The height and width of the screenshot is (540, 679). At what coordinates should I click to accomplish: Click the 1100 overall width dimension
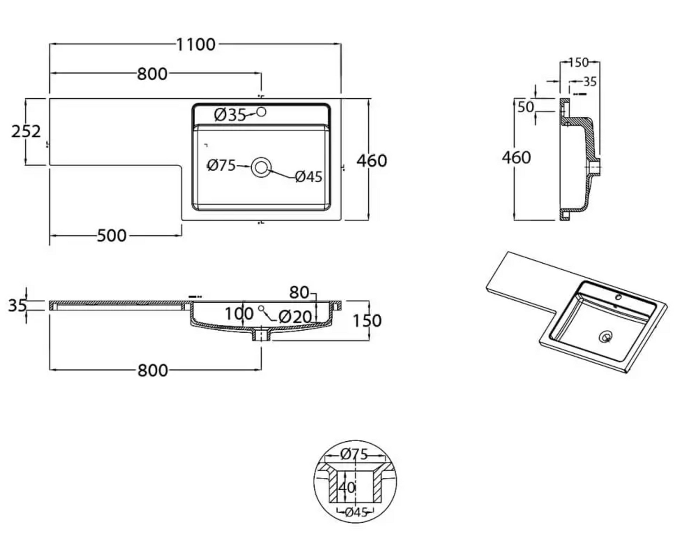click(196, 44)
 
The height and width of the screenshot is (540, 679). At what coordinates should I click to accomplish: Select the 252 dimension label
click(26, 131)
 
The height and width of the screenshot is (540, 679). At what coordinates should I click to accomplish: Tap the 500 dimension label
click(112, 236)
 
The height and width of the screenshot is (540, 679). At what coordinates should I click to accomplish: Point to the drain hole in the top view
click(261, 167)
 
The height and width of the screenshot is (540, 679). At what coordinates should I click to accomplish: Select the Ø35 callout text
click(230, 116)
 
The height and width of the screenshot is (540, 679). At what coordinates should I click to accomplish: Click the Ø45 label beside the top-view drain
click(309, 177)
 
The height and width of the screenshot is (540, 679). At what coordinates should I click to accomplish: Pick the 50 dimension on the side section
click(526, 107)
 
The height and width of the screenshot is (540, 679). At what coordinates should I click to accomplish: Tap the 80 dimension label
click(299, 293)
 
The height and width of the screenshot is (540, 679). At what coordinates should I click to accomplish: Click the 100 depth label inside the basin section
click(239, 313)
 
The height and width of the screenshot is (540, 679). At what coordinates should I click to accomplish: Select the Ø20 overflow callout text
click(295, 317)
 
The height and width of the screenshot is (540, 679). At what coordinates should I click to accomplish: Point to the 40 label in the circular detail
click(347, 488)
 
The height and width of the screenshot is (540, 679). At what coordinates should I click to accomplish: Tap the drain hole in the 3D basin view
click(606, 336)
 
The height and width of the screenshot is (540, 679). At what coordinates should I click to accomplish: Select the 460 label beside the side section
click(516, 158)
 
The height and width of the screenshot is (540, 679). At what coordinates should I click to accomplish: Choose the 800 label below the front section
click(153, 371)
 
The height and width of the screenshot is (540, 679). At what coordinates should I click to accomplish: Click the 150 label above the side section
click(579, 62)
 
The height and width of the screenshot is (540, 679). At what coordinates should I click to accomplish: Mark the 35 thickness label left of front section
click(17, 305)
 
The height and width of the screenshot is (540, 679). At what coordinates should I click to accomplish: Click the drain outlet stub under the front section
click(261, 336)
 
